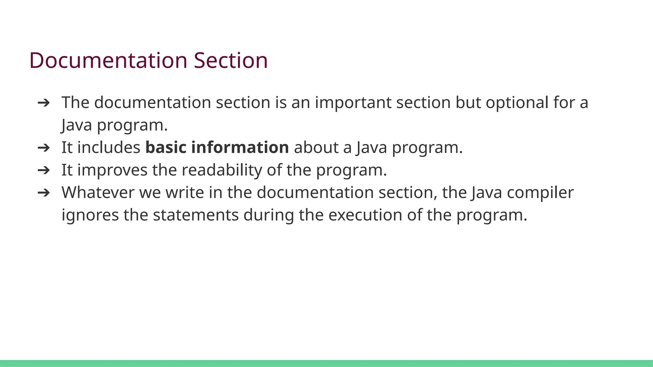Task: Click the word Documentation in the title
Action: (108, 60)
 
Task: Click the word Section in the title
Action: (231, 60)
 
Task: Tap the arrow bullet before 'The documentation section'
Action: (44, 103)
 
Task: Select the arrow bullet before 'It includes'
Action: (44, 148)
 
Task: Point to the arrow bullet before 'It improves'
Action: (44, 170)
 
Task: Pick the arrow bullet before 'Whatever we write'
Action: (44, 192)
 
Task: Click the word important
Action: (353, 103)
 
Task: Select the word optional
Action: (517, 103)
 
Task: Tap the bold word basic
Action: (166, 148)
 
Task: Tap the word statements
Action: (196, 215)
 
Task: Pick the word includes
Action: (109, 148)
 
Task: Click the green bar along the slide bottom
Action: (326, 363)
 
